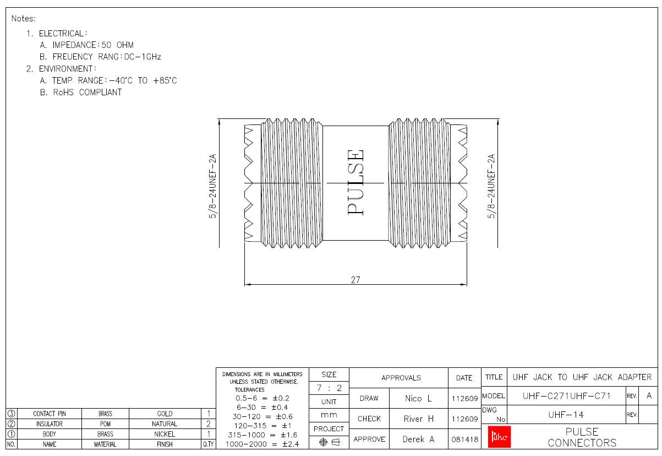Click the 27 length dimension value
pos(355,280)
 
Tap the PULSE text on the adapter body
pos(356,182)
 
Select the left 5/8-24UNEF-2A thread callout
pos(212,186)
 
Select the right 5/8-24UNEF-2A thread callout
pos(492,186)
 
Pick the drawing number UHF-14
pos(566,415)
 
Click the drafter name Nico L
pos(418,398)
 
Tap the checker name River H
pos(418,419)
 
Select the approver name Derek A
pos(418,439)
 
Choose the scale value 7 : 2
pos(329,388)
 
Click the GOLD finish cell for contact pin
pos(165,414)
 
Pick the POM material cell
pos(105,424)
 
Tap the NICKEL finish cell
pos(165,434)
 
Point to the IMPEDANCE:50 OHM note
pos(93,45)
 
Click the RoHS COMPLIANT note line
pos(87,93)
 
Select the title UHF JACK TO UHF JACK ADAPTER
pos(582,377)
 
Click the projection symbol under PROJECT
pos(329,442)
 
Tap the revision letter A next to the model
pos(649,396)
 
